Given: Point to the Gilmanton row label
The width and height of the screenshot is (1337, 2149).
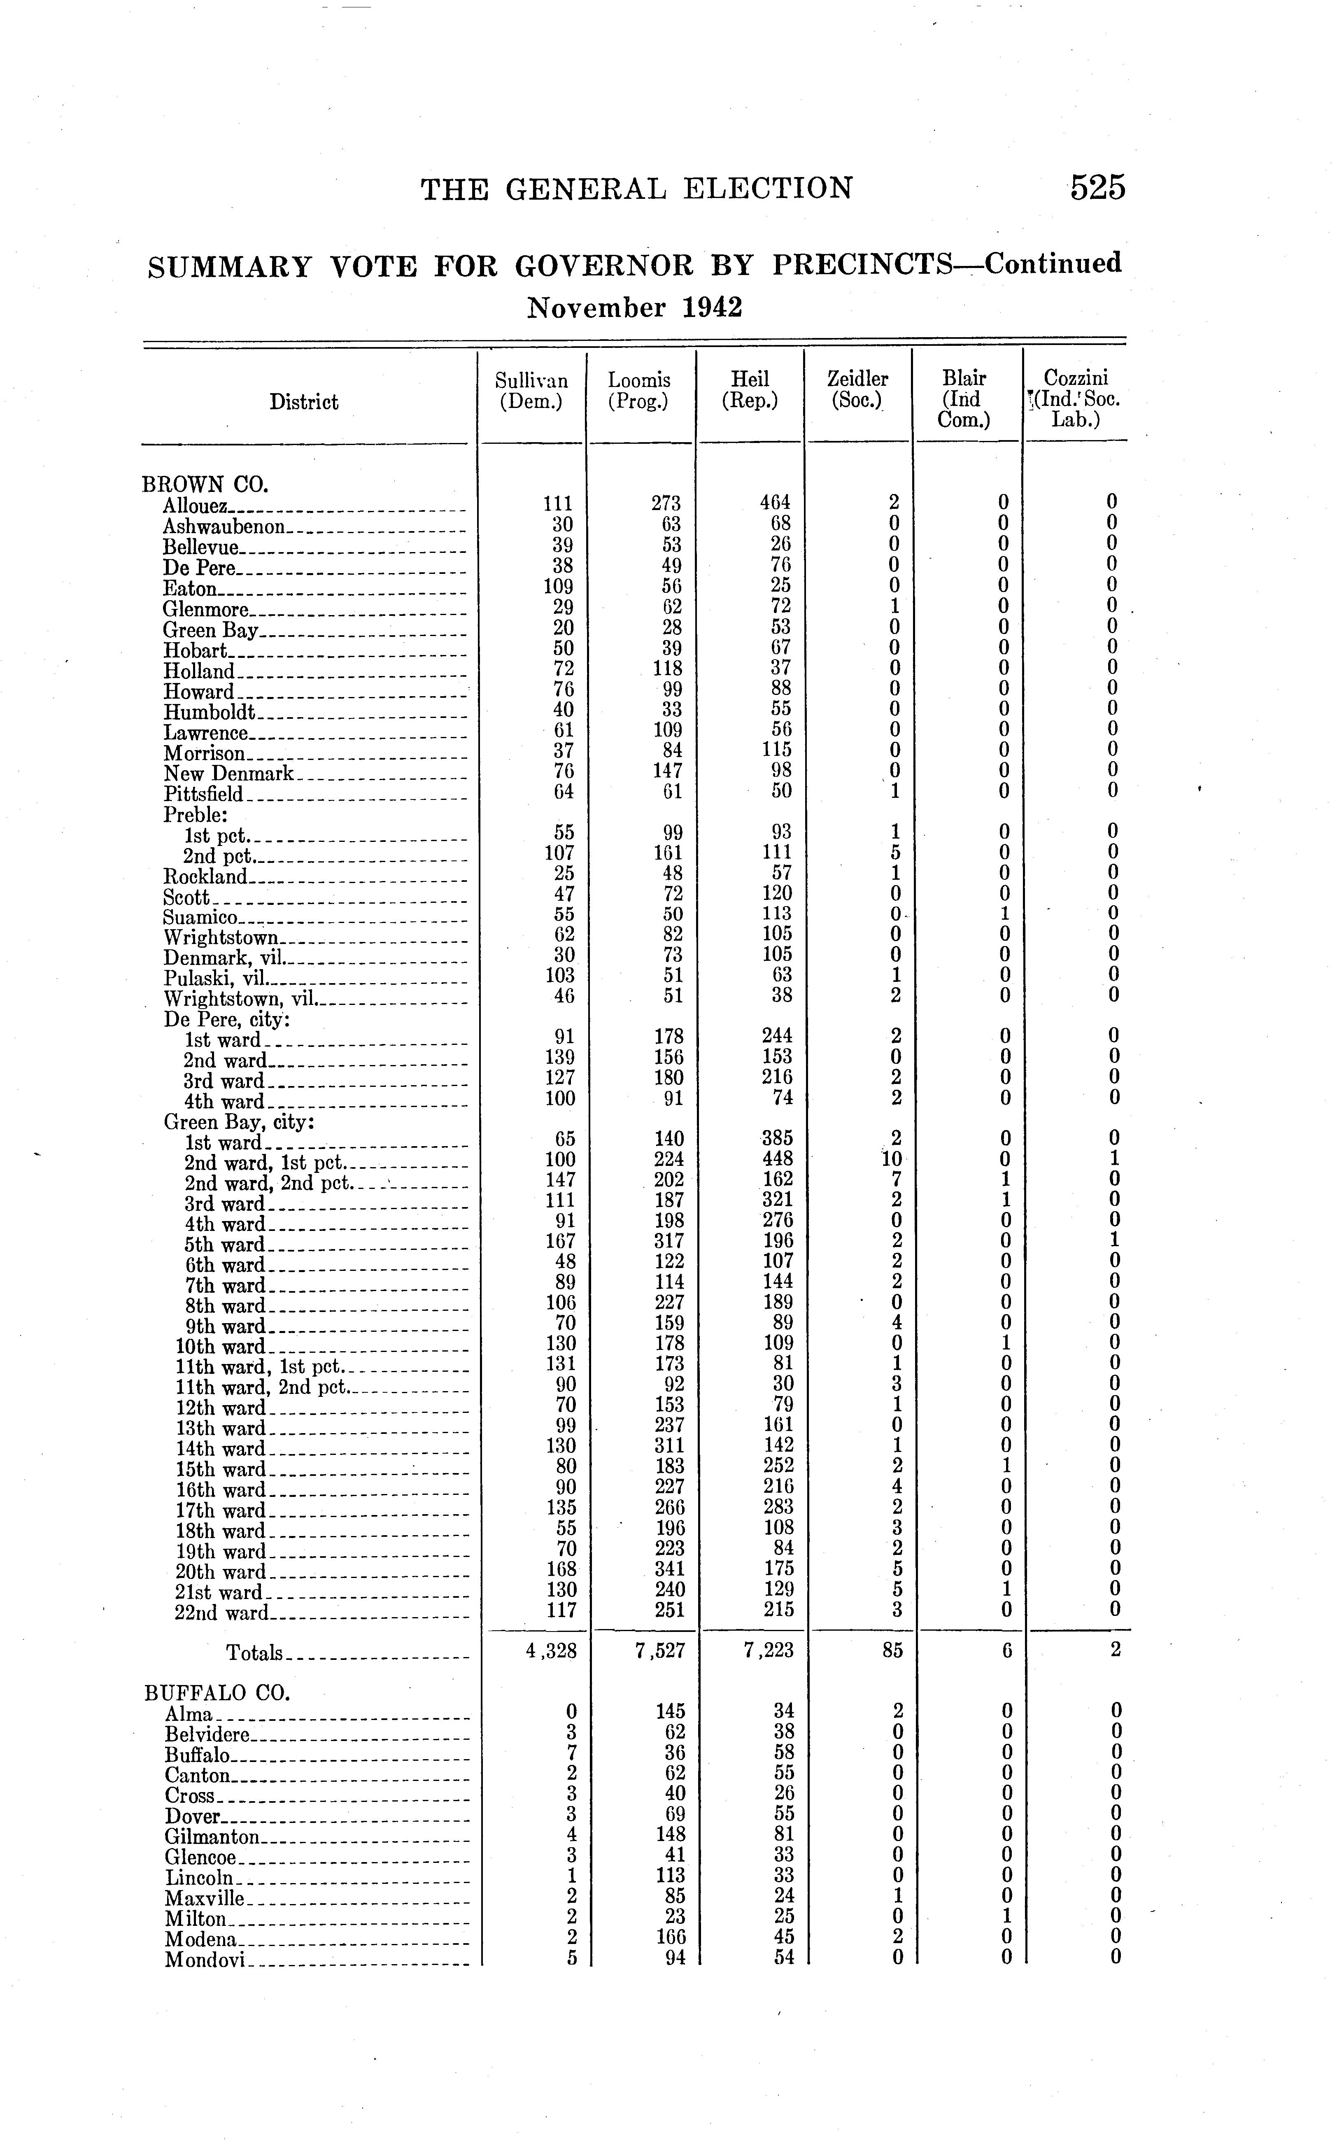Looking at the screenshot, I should tap(212, 1837).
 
